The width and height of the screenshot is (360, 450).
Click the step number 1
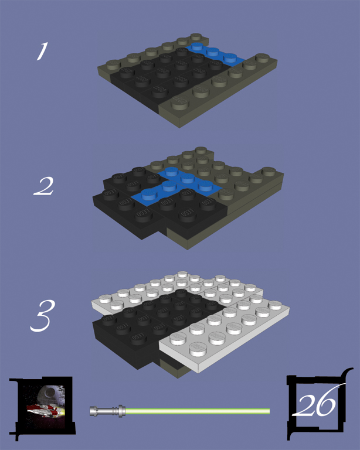pos(42,51)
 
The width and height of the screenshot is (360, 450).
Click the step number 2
pos(43,186)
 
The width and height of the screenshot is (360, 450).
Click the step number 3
pos(42,316)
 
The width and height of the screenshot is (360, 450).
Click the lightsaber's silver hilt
pos(108,411)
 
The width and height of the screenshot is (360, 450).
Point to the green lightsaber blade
pos(198,411)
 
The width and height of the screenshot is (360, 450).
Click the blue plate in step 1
pos(214,54)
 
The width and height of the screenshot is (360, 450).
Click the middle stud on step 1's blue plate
pos(212,52)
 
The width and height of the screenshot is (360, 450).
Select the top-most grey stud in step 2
pos(201,150)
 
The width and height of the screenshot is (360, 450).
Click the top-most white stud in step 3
pos(182,274)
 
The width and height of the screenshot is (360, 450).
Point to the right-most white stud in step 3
pos(275,305)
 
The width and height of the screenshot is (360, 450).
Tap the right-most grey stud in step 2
pos(269,171)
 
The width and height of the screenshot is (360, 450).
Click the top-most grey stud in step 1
pos(196,37)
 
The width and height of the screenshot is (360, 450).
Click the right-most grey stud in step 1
pos(262,57)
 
